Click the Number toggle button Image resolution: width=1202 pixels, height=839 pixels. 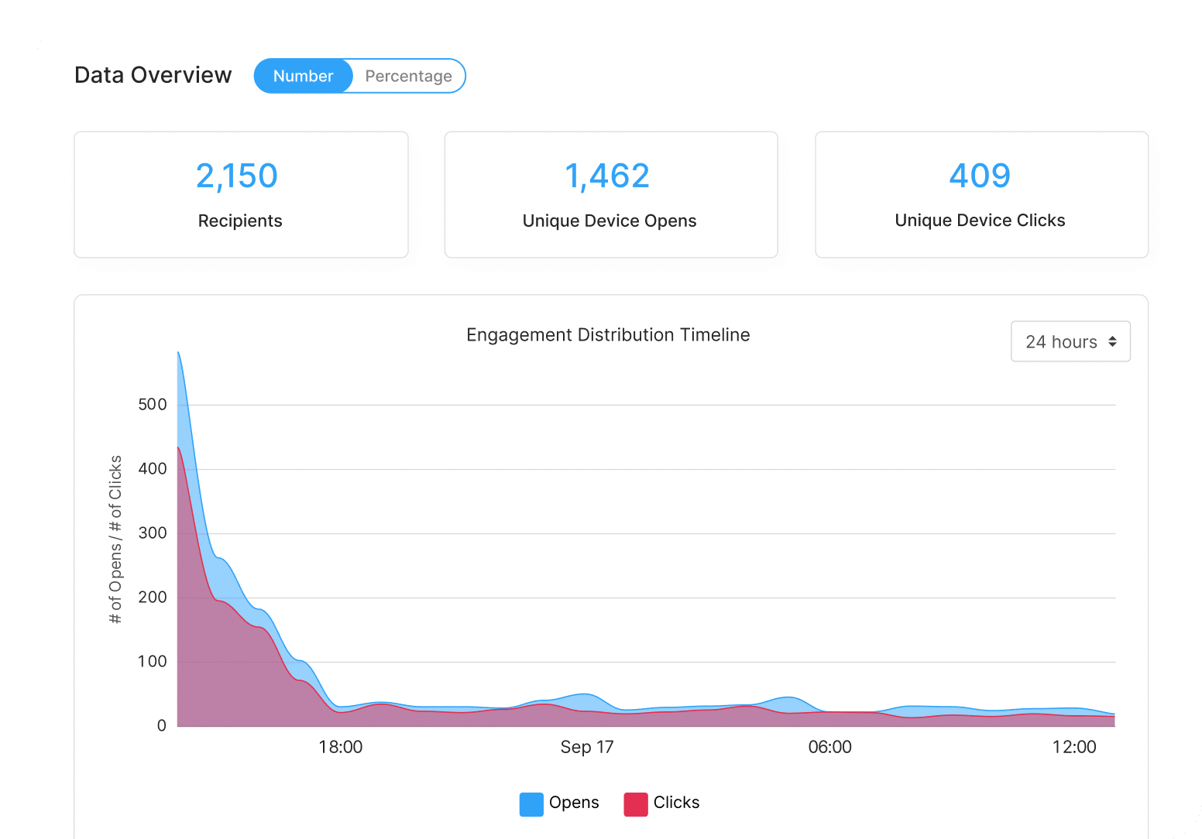(303, 76)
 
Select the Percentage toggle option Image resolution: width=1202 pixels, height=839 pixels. (408, 76)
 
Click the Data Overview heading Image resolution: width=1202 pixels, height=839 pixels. (153, 75)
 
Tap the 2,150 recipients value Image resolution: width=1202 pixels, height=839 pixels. (237, 176)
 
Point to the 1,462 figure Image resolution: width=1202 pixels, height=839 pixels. (607, 176)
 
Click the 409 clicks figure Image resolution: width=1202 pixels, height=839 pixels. (980, 176)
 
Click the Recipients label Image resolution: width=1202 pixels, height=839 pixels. (240, 221)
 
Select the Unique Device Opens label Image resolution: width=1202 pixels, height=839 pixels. (610, 221)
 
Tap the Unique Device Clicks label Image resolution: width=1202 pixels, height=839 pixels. (980, 221)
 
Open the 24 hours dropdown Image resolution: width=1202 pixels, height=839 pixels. (1070, 341)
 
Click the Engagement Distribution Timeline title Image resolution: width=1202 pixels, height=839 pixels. (608, 335)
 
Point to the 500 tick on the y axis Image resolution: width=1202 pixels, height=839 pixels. (152, 404)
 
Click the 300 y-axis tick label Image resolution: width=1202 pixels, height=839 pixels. (152, 533)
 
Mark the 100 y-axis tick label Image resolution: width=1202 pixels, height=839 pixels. (152, 661)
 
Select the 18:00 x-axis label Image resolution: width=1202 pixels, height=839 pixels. (341, 747)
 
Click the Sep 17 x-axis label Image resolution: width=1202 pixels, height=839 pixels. (587, 747)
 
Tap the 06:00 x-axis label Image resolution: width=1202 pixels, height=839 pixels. (829, 747)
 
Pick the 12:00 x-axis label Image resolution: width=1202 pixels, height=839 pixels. (1074, 747)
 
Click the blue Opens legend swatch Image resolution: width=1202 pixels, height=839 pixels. (531, 803)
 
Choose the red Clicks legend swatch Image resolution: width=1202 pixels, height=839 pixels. (636, 803)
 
